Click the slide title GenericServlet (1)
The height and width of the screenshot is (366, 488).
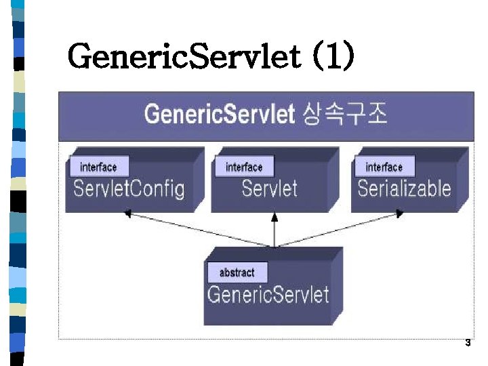[x=210, y=56]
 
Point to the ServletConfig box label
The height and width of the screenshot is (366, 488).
[x=129, y=188]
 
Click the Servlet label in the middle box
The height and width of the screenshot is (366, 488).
[x=269, y=188]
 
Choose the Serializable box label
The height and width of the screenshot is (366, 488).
[x=404, y=188]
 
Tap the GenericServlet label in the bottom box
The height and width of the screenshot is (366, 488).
[x=268, y=295]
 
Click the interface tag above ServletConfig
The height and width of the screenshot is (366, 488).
[x=98, y=167]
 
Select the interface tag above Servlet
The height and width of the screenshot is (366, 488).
[x=244, y=167]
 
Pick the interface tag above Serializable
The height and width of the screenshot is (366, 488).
[x=384, y=167]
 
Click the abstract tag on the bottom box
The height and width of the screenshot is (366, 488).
[x=237, y=272]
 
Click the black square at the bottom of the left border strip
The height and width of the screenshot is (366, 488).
[x=18, y=358]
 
